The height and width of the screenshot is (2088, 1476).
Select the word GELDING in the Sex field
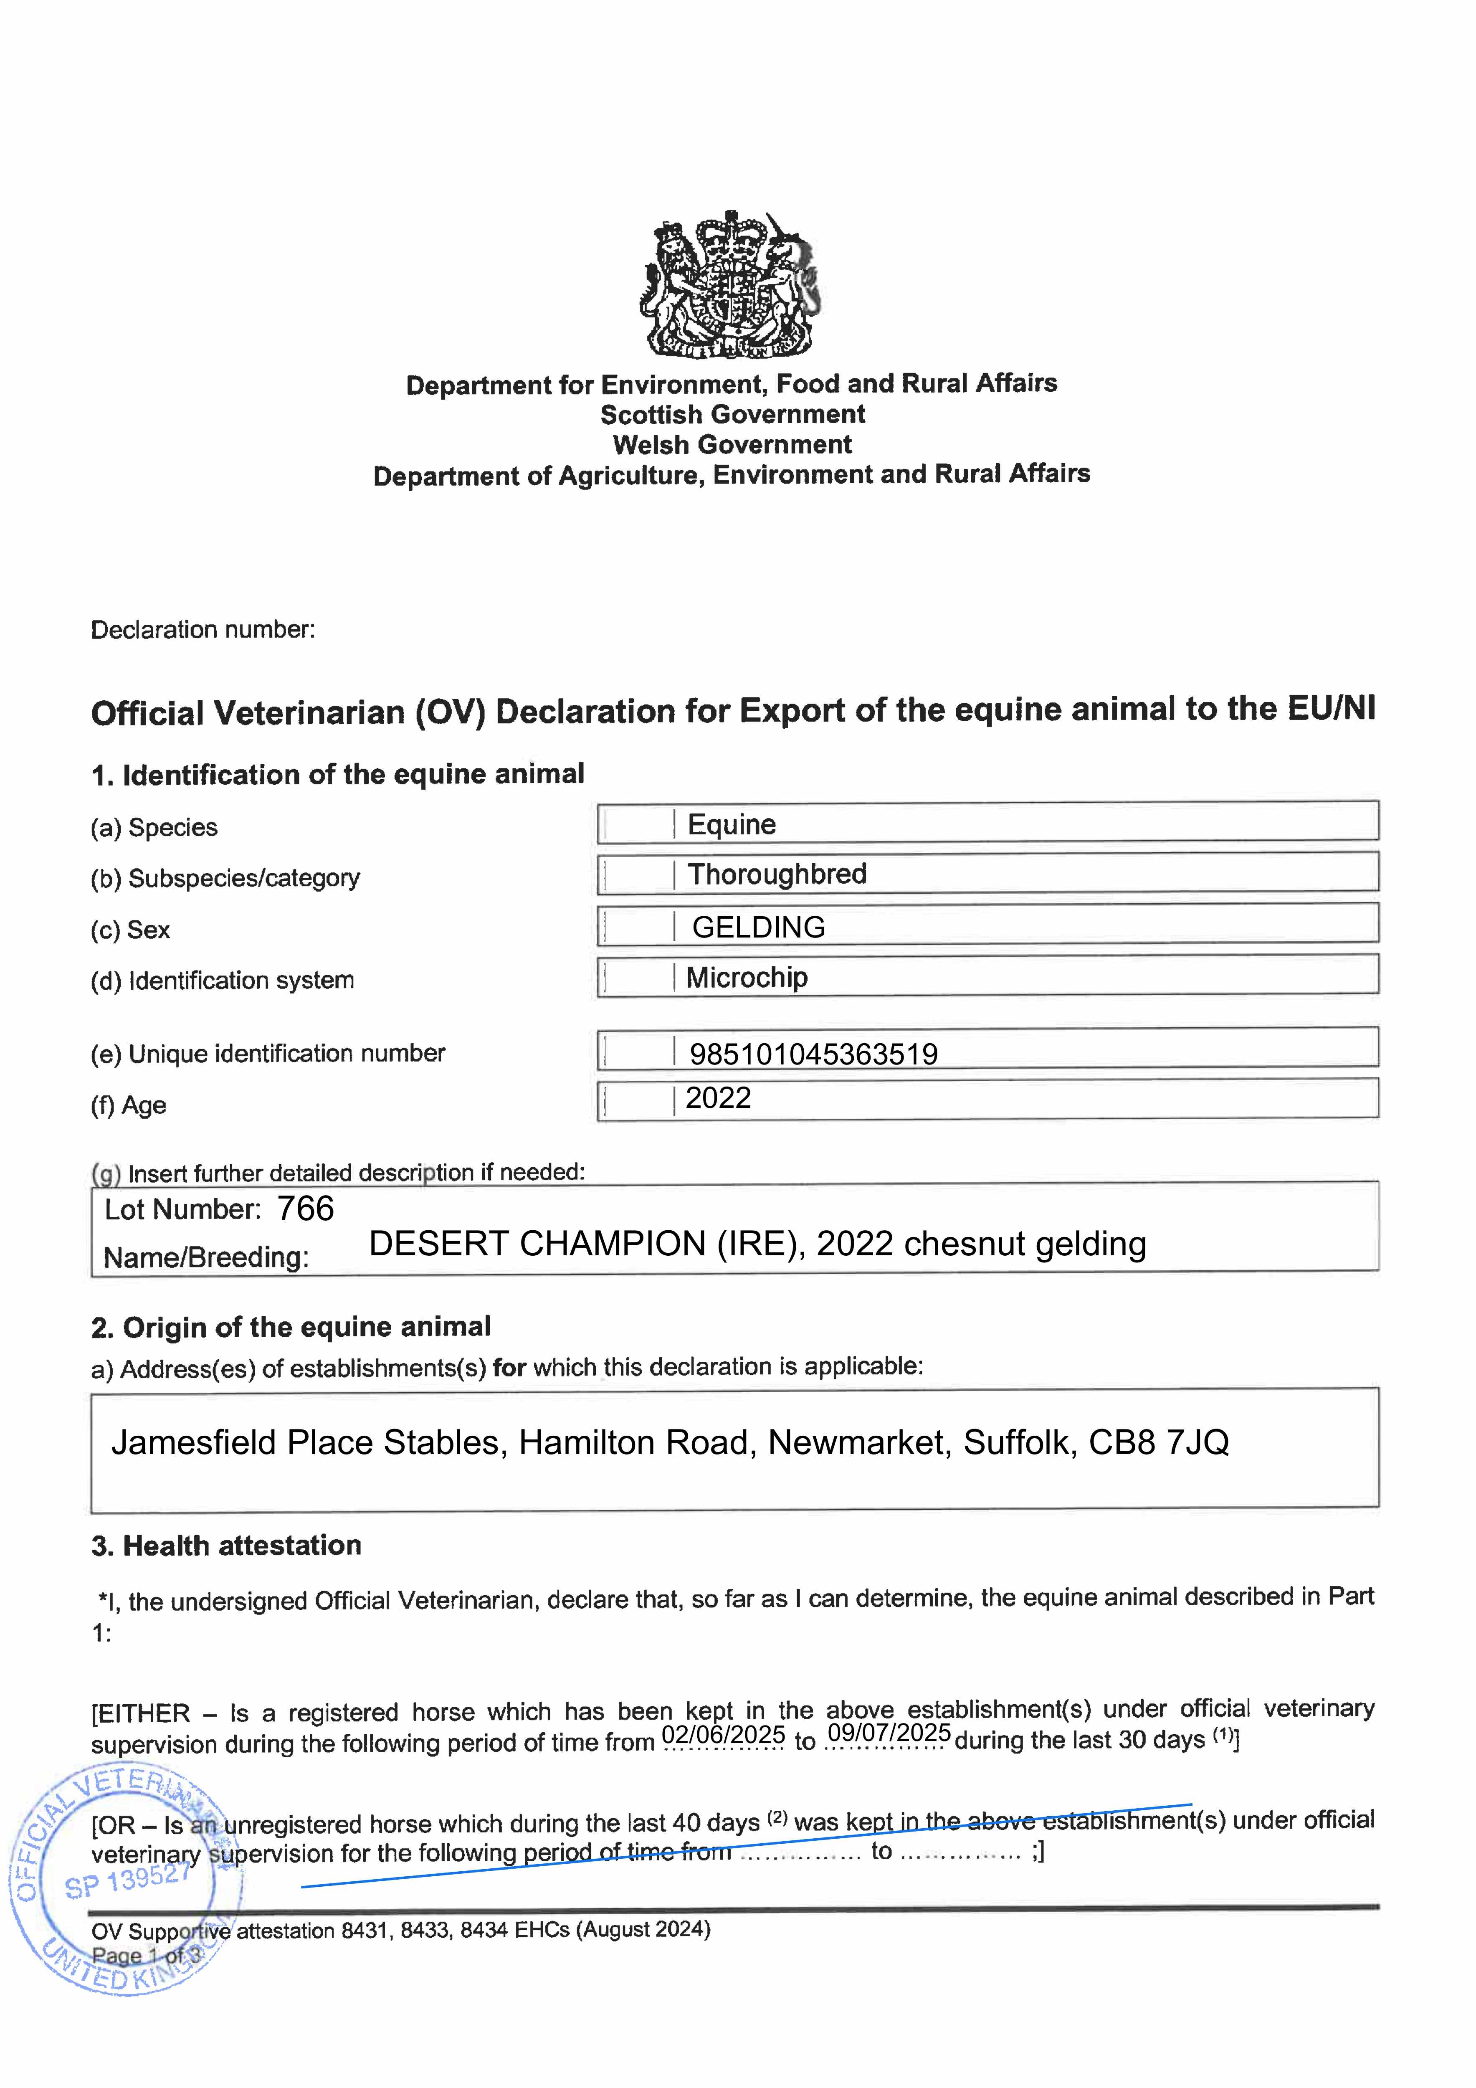coord(759,927)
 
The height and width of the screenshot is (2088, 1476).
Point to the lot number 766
coord(306,1209)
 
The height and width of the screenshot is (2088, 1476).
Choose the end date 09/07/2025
coord(889,1733)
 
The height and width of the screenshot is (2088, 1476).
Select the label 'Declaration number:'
coord(203,630)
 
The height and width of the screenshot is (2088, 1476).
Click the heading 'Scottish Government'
coord(732,415)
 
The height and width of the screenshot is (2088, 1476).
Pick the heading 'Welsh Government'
coord(732,445)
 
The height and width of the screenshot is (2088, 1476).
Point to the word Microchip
coord(747,978)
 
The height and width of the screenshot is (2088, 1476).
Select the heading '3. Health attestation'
coord(226,1546)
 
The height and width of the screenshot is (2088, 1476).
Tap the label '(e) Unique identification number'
coord(268,1054)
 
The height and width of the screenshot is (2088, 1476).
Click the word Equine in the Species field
coord(731,825)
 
